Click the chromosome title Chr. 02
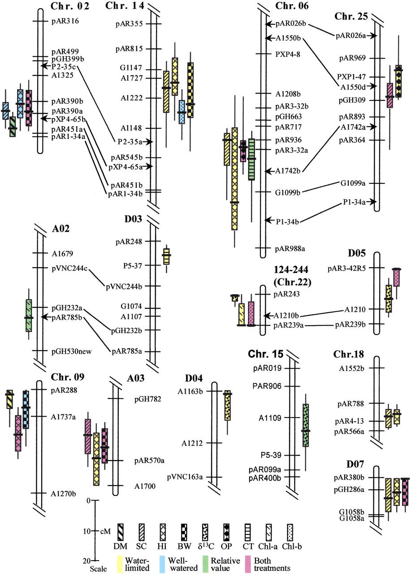click(x=71, y=6)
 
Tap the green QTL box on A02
click(x=29, y=315)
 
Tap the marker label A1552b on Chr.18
click(x=351, y=368)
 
